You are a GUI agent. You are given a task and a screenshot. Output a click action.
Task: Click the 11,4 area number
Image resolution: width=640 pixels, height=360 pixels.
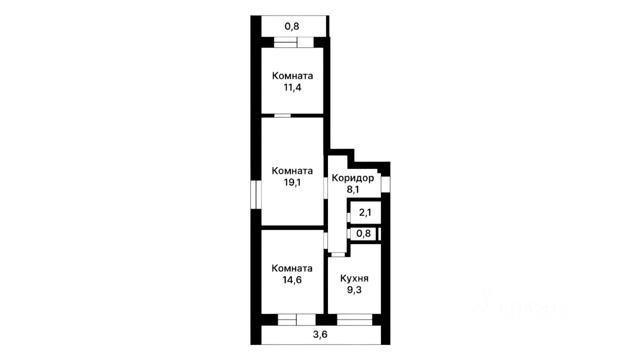click(292, 87)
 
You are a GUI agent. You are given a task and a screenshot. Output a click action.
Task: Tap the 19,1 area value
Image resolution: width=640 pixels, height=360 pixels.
click(292, 182)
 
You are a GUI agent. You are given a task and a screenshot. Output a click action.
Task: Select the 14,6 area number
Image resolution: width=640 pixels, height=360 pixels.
click(292, 279)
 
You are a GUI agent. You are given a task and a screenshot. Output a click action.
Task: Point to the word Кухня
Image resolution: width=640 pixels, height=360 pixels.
click(354, 278)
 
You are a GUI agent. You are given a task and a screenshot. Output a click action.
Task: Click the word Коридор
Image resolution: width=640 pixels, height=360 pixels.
click(353, 178)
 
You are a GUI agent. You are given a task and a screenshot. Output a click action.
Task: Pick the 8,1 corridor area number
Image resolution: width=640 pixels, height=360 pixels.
click(353, 189)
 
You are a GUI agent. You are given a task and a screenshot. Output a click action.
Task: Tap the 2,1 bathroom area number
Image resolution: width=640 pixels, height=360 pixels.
click(365, 212)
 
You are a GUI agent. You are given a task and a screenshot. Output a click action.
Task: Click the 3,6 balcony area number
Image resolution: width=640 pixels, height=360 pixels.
click(320, 334)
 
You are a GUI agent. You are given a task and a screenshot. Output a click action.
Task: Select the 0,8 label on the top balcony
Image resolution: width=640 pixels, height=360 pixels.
click(291, 26)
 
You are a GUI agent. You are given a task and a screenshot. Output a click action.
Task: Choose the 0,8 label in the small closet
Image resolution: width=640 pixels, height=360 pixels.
click(363, 233)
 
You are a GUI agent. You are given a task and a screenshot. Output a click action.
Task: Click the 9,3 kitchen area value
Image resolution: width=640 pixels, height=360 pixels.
click(354, 290)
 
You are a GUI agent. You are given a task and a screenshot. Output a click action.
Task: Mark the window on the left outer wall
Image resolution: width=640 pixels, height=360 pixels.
click(256, 194)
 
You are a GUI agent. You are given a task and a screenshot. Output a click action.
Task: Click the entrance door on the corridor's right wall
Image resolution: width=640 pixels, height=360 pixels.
click(385, 184)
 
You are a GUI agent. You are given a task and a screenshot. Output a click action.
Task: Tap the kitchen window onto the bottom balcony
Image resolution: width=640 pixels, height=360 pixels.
click(354, 319)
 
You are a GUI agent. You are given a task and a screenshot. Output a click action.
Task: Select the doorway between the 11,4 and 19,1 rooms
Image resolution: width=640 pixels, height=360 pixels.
click(282, 115)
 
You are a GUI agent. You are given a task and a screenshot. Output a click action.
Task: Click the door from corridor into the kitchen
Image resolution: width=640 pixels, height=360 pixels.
click(338, 254)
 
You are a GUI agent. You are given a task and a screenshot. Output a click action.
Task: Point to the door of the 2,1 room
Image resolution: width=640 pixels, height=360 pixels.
click(348, 217)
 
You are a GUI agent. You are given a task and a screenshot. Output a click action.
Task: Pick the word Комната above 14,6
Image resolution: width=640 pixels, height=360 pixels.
click(292, 268)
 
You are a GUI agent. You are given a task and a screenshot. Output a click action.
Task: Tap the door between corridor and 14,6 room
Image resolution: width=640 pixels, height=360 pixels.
click(325, 240)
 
